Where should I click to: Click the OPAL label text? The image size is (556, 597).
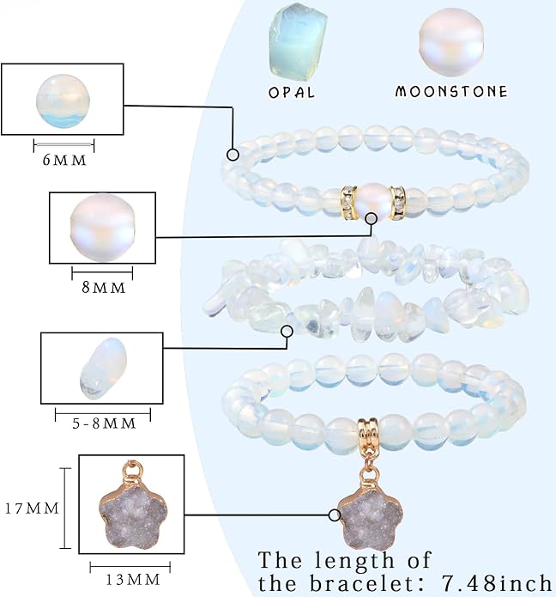click(292, 93)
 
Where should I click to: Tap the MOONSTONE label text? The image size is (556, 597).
click(451, 91)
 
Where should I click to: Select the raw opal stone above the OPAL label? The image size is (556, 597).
click(298, 41)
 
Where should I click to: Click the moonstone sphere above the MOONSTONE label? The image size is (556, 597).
click(451, 41)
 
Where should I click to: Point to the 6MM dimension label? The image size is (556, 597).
click(64, 161)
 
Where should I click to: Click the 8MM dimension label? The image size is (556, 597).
click(104, 288)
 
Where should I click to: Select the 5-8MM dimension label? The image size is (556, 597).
click(104, 423)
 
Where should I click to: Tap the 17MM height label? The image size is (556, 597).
click(32, 509)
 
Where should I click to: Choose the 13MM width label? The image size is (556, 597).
click(132, 580)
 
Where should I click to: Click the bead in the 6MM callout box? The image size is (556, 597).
click(63, 101)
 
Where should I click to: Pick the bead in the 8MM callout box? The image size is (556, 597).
click(103, 228)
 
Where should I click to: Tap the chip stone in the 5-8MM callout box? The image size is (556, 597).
click(103, 369)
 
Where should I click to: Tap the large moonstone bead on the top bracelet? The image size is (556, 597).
click(372, 201)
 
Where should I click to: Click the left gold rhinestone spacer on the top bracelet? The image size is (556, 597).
click(348, 203)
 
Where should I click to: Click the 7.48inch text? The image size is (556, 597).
click(496, 583)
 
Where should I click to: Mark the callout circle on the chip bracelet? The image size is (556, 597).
click(287, 332)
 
